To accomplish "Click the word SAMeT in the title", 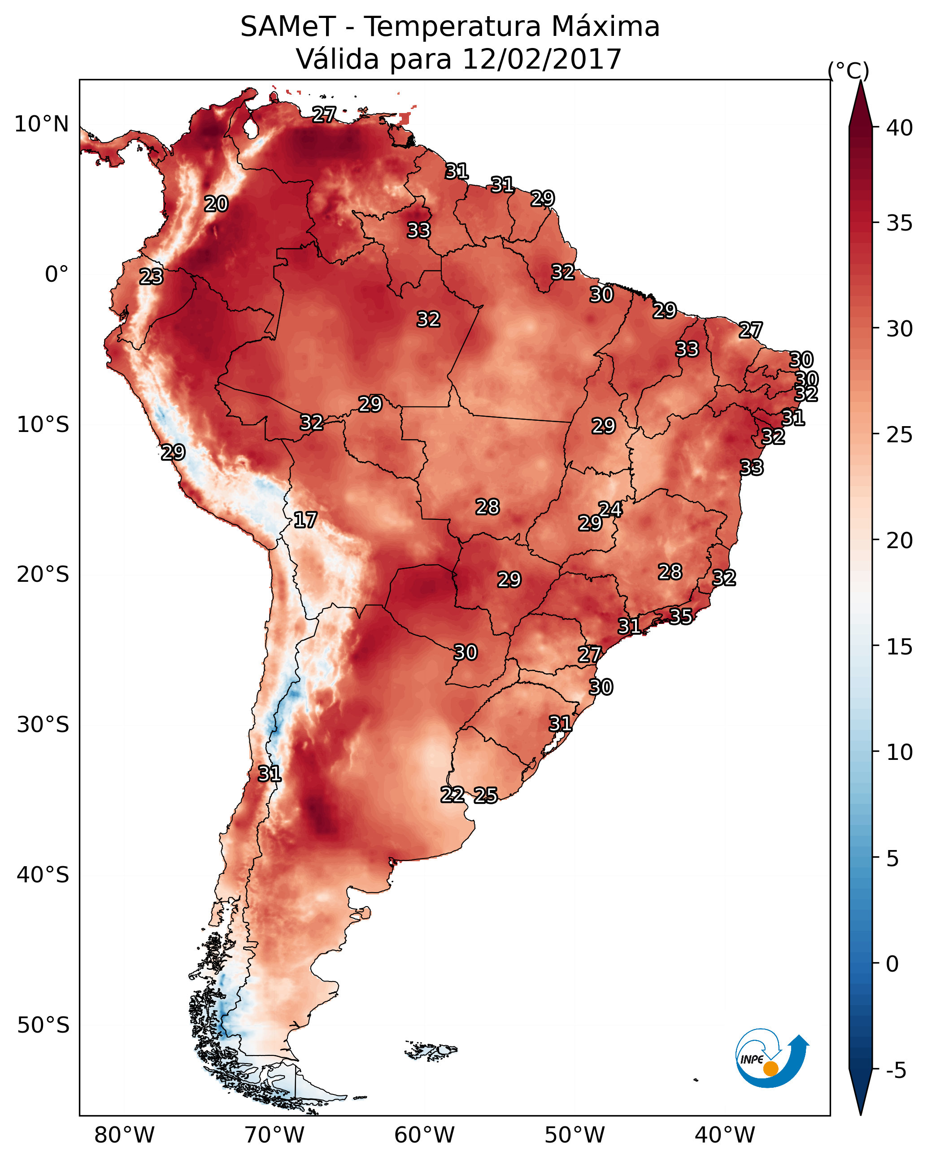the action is pyautogui.click(x=288, y=27).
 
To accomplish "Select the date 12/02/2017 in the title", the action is pyautogui.click(x=542, y=59).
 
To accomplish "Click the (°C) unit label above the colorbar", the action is pyautogui.click(x=849, y=70).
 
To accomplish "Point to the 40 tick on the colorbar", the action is pyautogui.click(x=900, y=128).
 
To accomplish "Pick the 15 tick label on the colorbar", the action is pyautogui.click(x=900, y=647).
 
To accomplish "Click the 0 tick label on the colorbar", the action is pyautogui.click(x=892, y=965).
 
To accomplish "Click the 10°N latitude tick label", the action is pyautogui.click(x=41, y=124).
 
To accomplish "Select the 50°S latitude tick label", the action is pyautogui.click(x=43, y=1025).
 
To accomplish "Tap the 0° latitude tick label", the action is pyautogui.click(x=57, y=275).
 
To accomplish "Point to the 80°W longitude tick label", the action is pyautogui.click(x=124, y=1135).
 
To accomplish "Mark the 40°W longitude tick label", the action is pyautogui.click(x=725, y=1135).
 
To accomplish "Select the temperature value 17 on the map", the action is pyautogui.click(x=305, y=520).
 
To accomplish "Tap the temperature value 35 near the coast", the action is pyautogui.click(x=681, y=616).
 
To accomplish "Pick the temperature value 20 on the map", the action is pyautogui.click(x=216, y=204).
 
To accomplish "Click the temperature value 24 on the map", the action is pyautogui.click(x=610, y=510).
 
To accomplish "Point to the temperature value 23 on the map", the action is pyautogui.click(x=151, y=277).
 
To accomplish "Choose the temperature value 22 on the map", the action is pyautogui.click(x=453, y=795).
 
